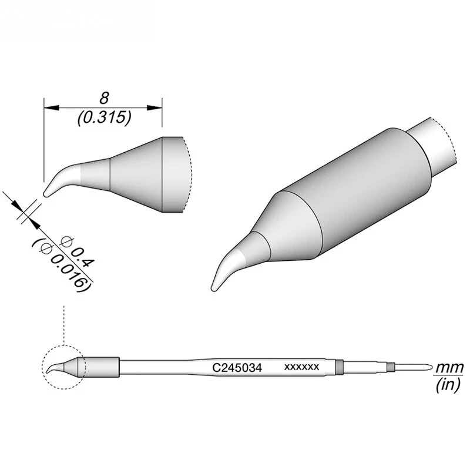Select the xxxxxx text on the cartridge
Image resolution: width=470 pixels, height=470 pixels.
pyautogui.click(x=301, y=367)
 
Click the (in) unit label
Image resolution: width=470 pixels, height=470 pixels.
pyautogui.click(x=449, y=385)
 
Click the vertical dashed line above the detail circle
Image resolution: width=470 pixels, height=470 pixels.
pyautogui.click(x=63, y=323)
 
